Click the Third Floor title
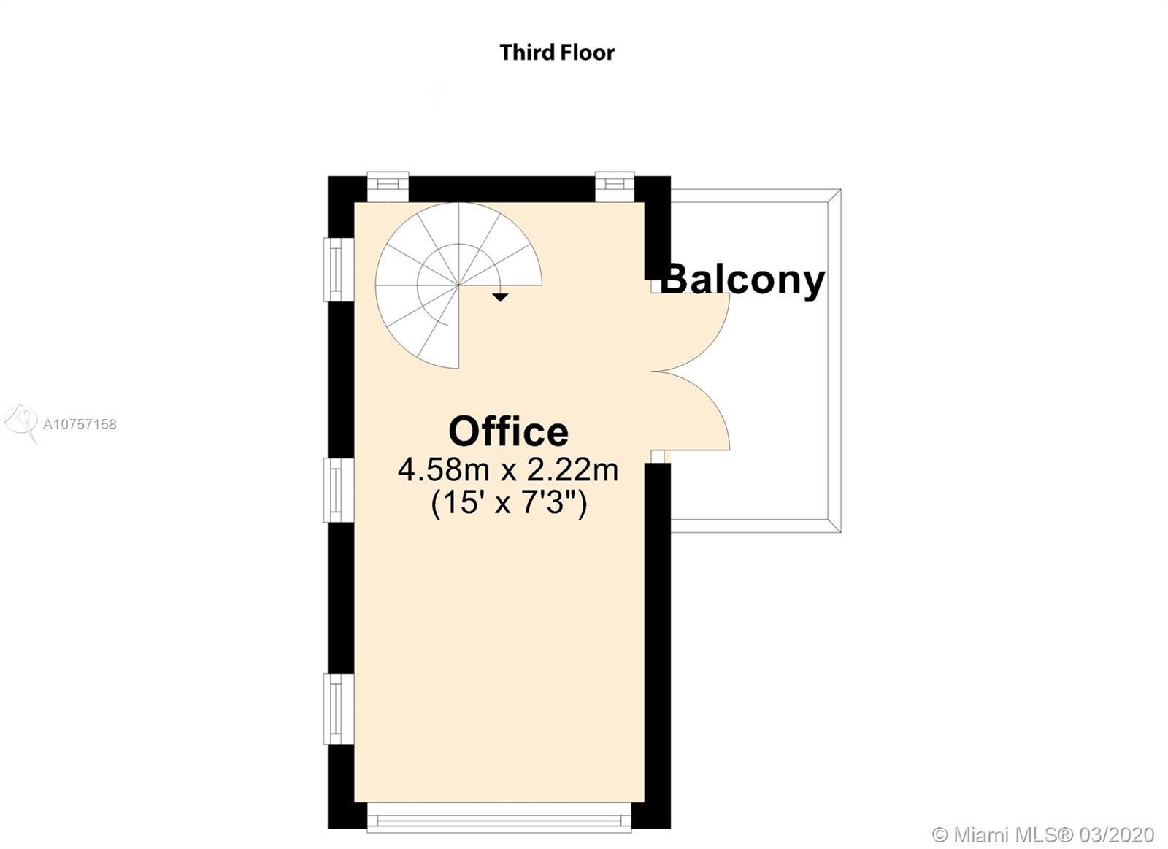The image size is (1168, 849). tap(557, 53)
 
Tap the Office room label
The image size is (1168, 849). tap(508, 431)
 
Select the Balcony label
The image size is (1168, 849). tap(742, 281)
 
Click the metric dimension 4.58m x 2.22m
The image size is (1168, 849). tap(508, 469)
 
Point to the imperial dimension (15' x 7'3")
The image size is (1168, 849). tap(509, 503)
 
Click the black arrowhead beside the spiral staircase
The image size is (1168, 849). tap(501, 298)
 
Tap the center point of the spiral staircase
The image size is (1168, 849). tap(458, 285)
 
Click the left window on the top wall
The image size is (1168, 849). tap(388, 186)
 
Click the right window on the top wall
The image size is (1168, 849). tap(615, 186)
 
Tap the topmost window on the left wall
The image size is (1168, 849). tap(339, 269)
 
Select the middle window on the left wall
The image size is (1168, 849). tap(339, 490)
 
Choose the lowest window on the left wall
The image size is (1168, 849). tap(339, 709)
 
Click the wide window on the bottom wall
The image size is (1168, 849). tap(499, 817)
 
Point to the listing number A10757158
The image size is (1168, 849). tap(80, 425)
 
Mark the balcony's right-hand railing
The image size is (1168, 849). tap(835, 361)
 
